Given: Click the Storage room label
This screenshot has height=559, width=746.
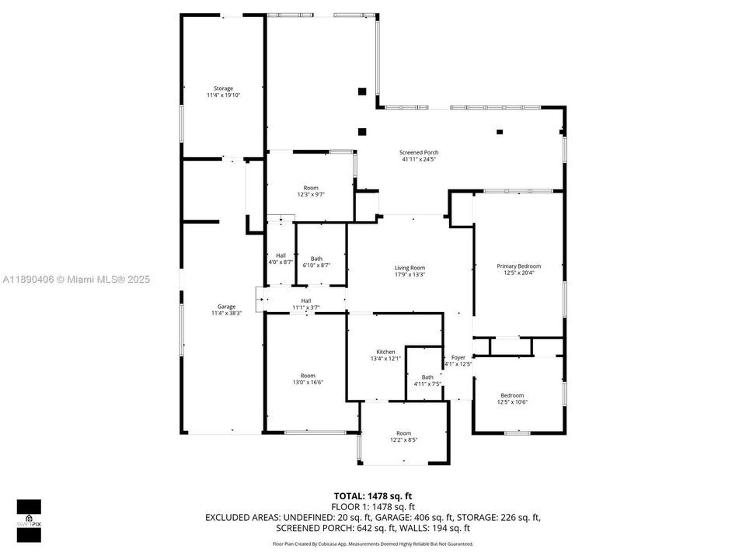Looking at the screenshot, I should tap(223, 89).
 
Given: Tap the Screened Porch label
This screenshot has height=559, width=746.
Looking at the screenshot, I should tap(419, 152).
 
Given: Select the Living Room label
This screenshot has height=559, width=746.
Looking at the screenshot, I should tap(410, 268).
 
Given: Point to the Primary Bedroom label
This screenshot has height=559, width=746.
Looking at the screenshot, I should tap(518, 266).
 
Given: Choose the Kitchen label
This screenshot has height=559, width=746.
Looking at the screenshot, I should tap(386, 352).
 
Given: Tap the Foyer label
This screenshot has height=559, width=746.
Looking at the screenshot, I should tap(458, 358).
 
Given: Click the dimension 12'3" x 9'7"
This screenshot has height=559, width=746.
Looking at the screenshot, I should tap(310, 195).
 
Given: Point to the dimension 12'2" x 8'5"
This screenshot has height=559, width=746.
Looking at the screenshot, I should tap(403, 440).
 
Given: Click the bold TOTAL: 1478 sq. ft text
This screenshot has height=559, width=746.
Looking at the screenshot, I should tap(373, 495).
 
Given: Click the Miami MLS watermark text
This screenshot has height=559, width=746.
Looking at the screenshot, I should tap(76, 279).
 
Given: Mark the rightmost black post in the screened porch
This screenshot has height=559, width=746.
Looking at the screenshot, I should tap(500, 132).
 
